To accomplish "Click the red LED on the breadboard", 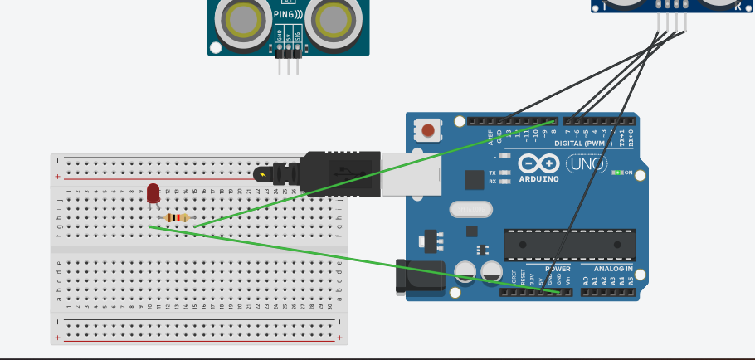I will (153, 193).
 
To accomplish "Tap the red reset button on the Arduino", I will (427, 130).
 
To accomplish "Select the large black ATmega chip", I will (570, 244).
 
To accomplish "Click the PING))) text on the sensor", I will (288, 14).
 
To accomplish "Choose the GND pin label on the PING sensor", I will (280, 36).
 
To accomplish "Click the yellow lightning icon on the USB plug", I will (264, 174).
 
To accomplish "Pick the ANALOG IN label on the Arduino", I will (612, 269).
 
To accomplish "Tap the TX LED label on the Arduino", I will (492, 172).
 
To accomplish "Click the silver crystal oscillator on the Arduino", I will (471, 210).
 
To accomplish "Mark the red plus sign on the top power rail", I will (57, 177).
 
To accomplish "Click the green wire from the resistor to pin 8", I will (373, 173).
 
